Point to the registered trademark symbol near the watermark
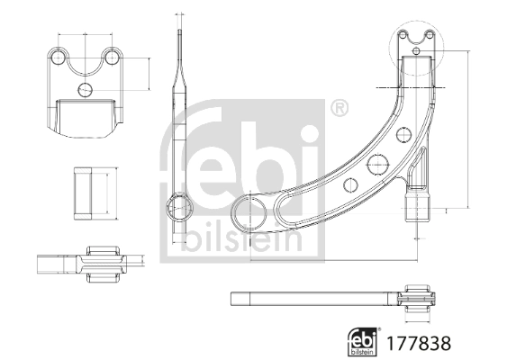click(338, 110)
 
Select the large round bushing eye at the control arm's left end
click(249, 214)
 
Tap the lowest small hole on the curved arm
click(351, 185)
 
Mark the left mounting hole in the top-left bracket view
click(59, 57)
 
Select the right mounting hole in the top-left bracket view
click(113, 57)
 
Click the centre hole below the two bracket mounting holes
click(86, 89)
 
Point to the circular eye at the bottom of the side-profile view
click(181, 205)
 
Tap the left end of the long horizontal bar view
click(237, 297)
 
